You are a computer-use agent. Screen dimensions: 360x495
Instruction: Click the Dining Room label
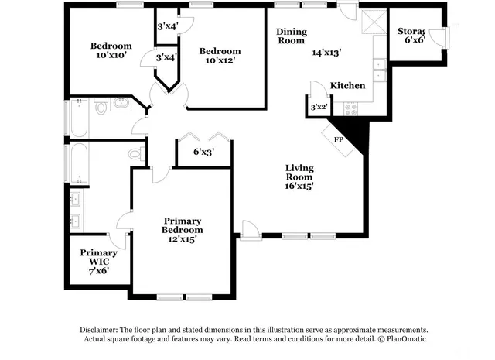pyautogui.click(x=292, y=36)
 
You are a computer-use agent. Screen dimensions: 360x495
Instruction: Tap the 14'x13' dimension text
pyautogui.click(x=326, y=53)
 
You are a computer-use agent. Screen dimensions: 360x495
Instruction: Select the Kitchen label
pyautogui.click(x=347, y=85)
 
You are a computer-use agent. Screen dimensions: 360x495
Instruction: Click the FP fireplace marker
pyautogui.click(x=338, y=139)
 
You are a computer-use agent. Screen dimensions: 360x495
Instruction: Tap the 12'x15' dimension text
pyautogui.click(x=183, y=239)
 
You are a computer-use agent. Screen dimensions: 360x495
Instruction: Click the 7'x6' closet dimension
pyautogui.click(x=99, y=271)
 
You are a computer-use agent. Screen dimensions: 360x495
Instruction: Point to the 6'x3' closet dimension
pyautogui.click(x=203, y=152)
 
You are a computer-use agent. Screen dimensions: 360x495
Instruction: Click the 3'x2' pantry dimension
pyautogui.click(x=318, y=107)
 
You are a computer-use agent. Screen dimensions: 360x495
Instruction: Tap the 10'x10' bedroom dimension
pyautogui.click(x=111, y=57)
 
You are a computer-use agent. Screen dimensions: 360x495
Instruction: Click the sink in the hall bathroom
pyautogui.click(x=121, y=102)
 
